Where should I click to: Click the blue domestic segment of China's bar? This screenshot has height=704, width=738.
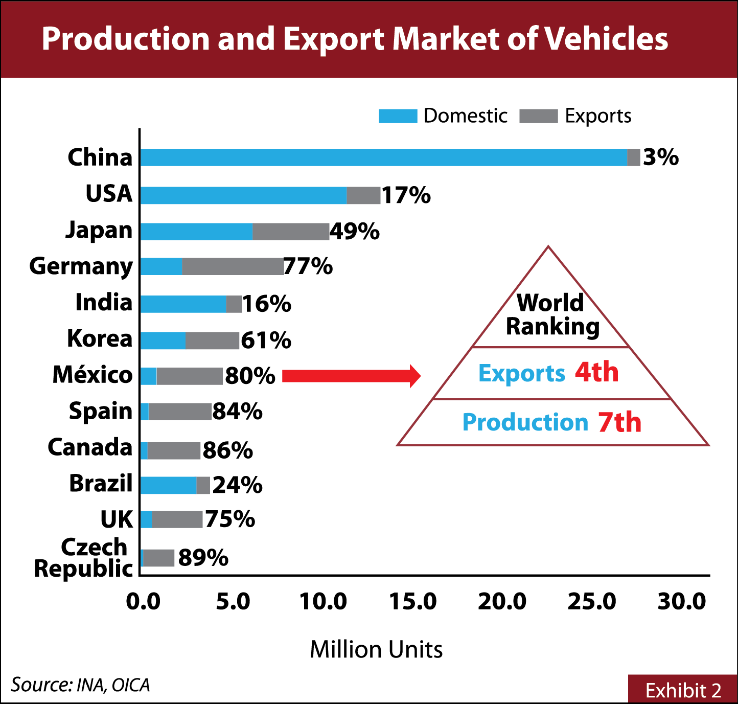[x=383, y=157]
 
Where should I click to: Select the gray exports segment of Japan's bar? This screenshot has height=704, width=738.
[x=291, y=232]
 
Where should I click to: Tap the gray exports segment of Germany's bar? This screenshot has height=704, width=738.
[x=233, y=266]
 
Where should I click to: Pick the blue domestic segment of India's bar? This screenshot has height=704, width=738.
[x=183, y=304]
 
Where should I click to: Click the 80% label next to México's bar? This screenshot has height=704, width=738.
[x=250, y=376]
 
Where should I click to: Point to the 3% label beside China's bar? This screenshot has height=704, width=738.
[x=660, y=157]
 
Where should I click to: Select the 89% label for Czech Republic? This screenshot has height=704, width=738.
[x=203, y=557]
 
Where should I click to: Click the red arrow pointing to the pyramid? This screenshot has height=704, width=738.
[x=351, y=376]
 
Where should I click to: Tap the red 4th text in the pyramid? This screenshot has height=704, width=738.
[x=596, y=372]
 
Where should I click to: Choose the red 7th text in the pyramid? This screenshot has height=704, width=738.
[x=619, y=422]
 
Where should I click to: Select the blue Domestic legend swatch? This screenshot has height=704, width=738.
[x=398, y=116]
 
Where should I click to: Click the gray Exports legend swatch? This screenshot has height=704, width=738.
[x=538, y=116]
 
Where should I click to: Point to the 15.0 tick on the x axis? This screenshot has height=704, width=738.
[x=412, y=602]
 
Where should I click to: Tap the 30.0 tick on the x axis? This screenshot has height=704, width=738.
[x=681, y=602]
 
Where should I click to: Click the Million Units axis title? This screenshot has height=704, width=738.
[x=376, y=650]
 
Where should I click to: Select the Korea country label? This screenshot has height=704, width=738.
[x=100, y=338]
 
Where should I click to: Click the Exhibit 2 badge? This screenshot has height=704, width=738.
[x=683, y=690]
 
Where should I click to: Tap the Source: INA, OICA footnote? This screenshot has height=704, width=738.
[x=80, y=685]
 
